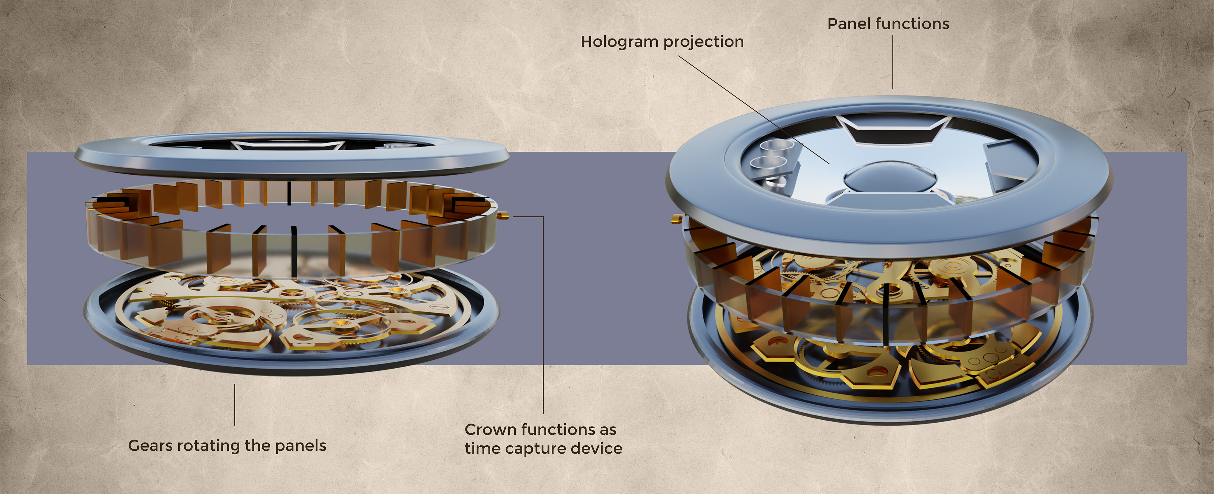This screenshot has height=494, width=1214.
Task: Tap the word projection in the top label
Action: pyautogui.click(x=705, y=42)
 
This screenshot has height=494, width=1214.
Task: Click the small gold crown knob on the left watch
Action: pyautogui.click(x=503, y=216)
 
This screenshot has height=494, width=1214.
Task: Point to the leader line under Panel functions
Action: pyautogui.click(x=892, y=61)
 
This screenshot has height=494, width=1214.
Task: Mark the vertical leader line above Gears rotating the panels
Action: pyautogui.click(x=235, y=405)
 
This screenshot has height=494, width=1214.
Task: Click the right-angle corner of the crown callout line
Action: pyautogui.click(x=543, y=217)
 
